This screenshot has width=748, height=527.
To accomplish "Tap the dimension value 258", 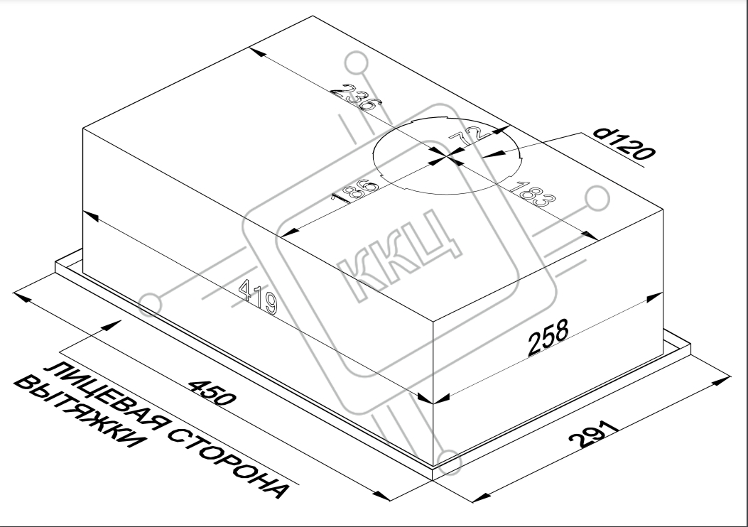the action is tap(548, 337).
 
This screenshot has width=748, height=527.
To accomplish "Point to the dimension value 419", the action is tap(258, 297).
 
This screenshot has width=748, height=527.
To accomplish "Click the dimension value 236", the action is tap(355, 97).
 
